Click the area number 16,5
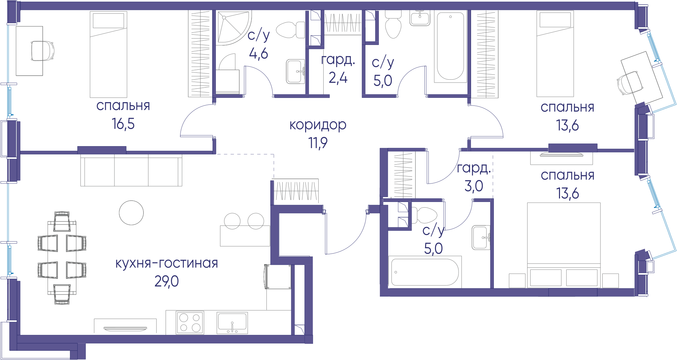tap(123, 124)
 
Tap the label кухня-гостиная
tap(167, 263)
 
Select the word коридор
tap(318, 125)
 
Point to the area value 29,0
tap(167, 281)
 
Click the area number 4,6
tap(259, 53)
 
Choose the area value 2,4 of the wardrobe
tap(338, 78)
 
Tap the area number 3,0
tap(474, 186)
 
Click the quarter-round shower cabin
tap(233, 28)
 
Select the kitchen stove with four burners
tap(190, 322)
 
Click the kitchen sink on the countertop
tap(232, 323)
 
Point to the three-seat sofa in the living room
tap(131, 170)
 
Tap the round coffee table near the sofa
tap(131, 213)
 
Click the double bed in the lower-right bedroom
tap(564, 245)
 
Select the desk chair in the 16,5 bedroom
tap(42, 51)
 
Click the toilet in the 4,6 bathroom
tap(291, 30)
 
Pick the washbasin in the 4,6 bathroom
tap(296, 71)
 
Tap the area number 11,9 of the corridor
tap(318, 143)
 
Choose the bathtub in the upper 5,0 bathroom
tap(450, 46)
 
